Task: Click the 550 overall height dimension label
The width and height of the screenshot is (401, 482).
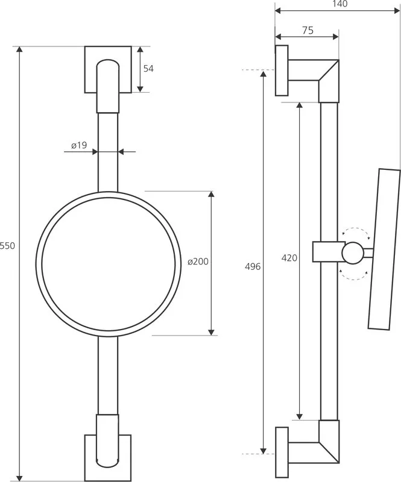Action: tap(7, 246)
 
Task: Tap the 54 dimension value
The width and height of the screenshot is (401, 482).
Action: tap(148, 69)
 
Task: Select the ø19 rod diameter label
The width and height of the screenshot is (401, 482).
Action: tap(79, 145)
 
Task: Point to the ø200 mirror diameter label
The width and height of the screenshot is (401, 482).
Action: tap(198, 261)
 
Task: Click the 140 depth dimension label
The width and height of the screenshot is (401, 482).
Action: tap(339, 4)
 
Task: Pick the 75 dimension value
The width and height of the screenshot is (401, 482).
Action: tap(308, 30)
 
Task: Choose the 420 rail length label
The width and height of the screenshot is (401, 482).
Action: tap(289, 258)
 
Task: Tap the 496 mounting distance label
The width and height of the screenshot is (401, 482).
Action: tap(253, 266)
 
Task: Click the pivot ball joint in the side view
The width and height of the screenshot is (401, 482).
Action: tap(353, 253)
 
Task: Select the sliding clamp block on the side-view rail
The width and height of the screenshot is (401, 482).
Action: tap(329, 252)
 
